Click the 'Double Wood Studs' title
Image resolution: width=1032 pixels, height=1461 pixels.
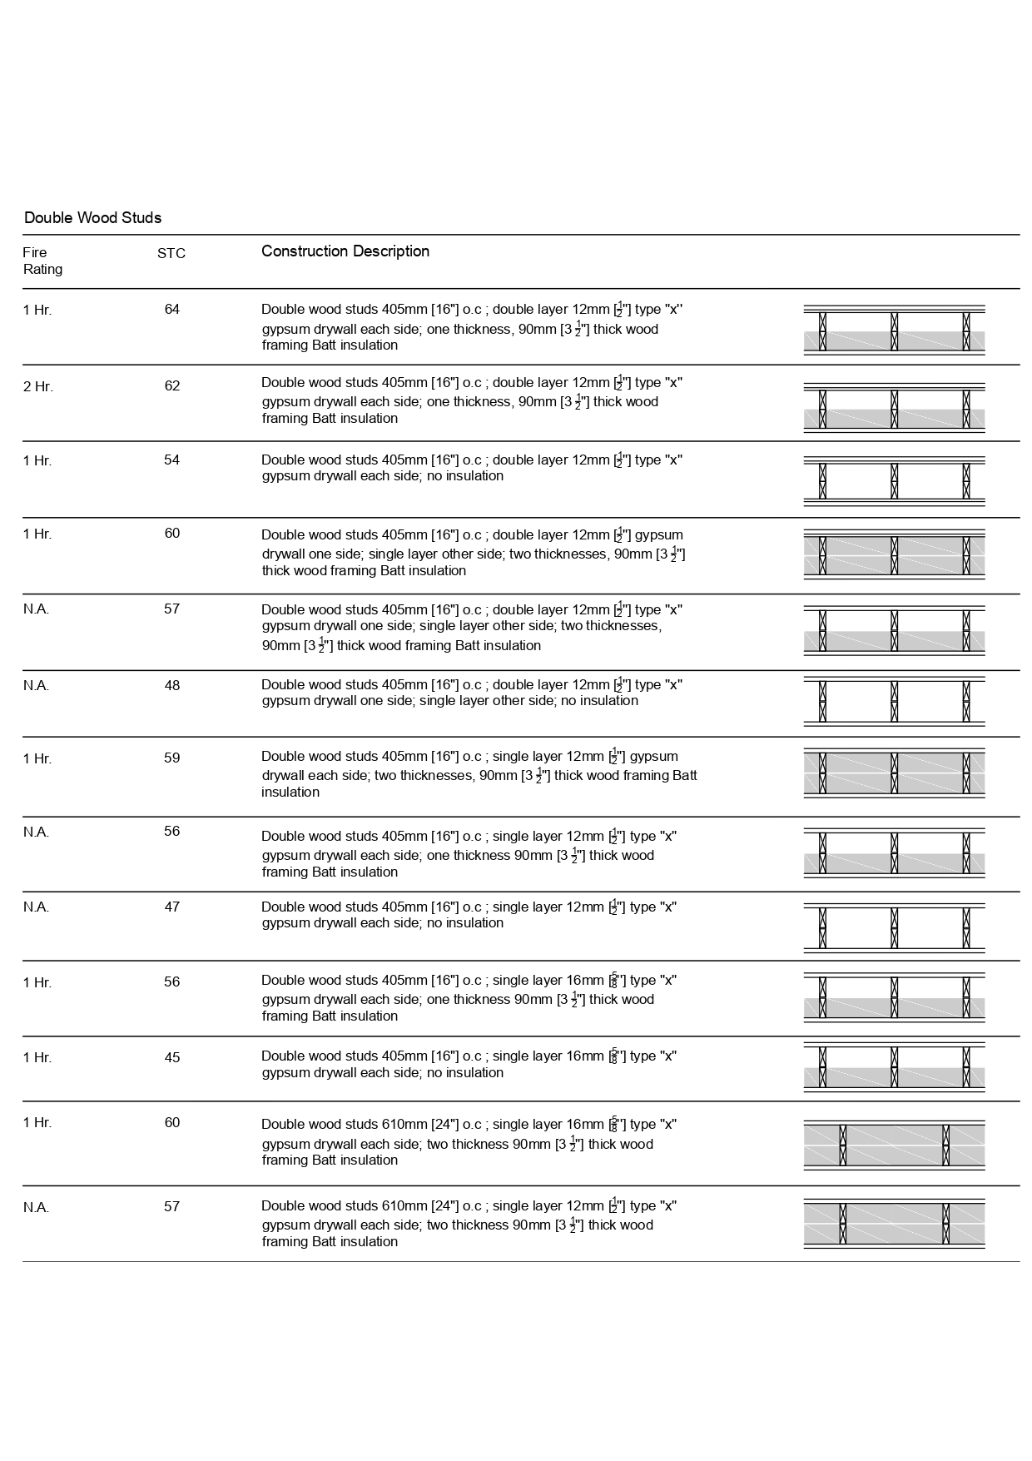click(x=92, y=218)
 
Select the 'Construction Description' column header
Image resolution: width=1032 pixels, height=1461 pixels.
click(x=345, y=251)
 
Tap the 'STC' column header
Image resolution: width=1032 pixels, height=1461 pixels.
click(x=171, y=253)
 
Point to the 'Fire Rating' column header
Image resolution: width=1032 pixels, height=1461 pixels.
click(x=42, y=261)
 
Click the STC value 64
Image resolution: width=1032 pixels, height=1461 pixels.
click(x=171, y=310)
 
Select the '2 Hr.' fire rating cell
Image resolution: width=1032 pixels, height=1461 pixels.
click(x=38, y=386)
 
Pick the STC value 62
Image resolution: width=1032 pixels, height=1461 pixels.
click(x=171, y=386)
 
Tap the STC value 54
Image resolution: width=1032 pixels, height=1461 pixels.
click(x=171, y=460)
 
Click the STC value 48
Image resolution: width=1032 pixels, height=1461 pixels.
click(x=171, y=686)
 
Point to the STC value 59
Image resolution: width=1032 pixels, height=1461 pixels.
click(x=171, y=758)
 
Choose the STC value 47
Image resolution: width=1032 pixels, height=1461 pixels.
click(x=171, y=907)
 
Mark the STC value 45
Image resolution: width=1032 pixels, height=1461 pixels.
click(x=171, y=1058)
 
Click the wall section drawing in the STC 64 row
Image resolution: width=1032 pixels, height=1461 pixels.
click(x=894, y=330)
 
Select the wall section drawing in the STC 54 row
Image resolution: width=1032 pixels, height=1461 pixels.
click(x=894, y=480)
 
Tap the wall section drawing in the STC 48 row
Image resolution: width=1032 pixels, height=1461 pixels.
click(x=894, y=701)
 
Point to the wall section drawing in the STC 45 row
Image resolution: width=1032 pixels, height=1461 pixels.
click(x=894, y=1067)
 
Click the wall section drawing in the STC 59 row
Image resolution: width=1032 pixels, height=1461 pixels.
click(x=894, y=773)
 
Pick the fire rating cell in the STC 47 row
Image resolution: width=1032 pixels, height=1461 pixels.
click(x=36, y=907)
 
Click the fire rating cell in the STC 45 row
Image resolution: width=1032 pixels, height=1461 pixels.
click(x=37, y=1058)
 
